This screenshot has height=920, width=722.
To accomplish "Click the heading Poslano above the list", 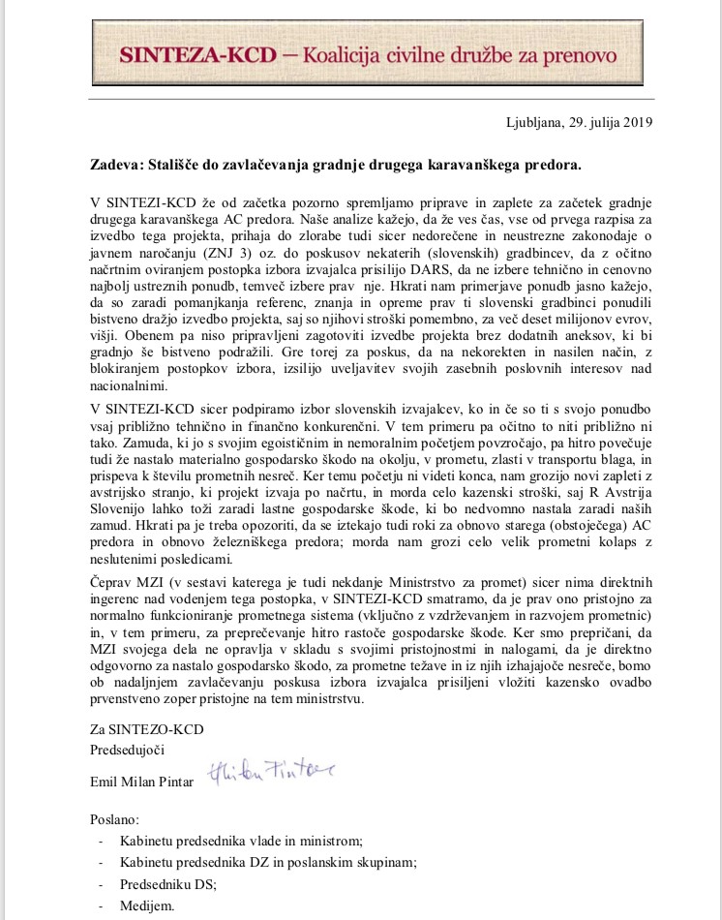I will [x=114, y=818].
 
